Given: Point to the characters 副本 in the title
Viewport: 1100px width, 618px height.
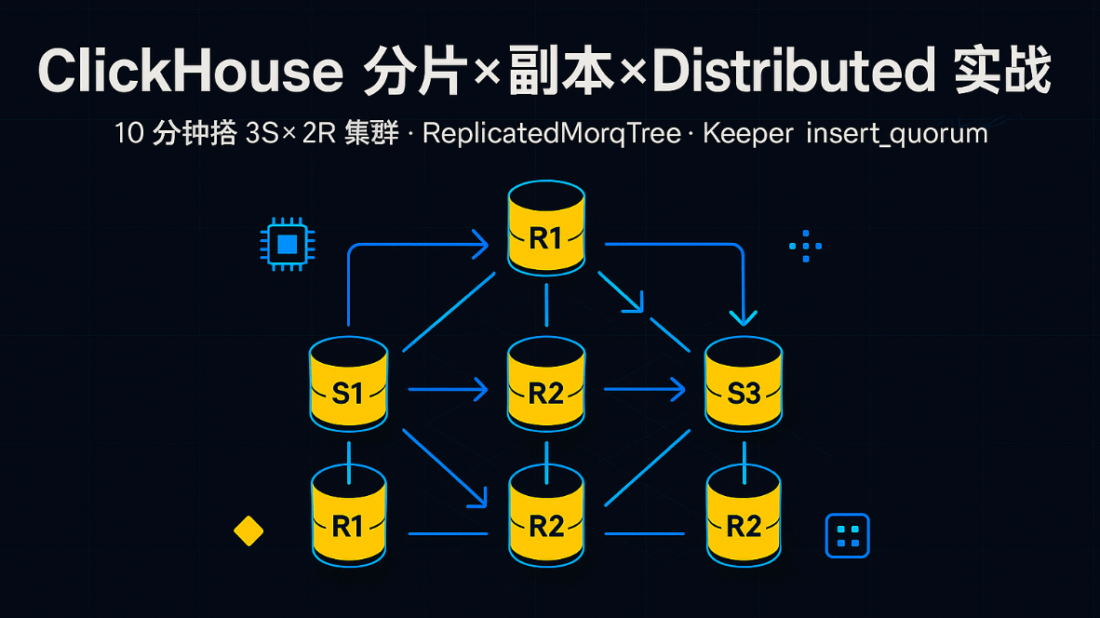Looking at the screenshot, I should click(x=563, y=72).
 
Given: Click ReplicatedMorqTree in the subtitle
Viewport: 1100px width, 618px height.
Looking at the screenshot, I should click(x=551, y=133).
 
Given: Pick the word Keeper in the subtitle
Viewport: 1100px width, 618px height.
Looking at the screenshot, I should click(x=747, y=133).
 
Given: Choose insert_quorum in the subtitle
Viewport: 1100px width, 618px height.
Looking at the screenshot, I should click(x=896, y=133).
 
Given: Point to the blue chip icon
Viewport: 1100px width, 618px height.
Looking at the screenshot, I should click(x=288, y=245).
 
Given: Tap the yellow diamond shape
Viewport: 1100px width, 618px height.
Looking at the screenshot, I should click(x=248, y=531).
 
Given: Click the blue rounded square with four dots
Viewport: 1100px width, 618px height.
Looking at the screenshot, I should click(x=847, y=536).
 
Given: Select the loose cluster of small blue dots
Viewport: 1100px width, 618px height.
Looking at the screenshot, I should click(x=805, y=246).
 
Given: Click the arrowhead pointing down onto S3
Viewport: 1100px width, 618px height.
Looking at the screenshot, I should click(x=743, y=316).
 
